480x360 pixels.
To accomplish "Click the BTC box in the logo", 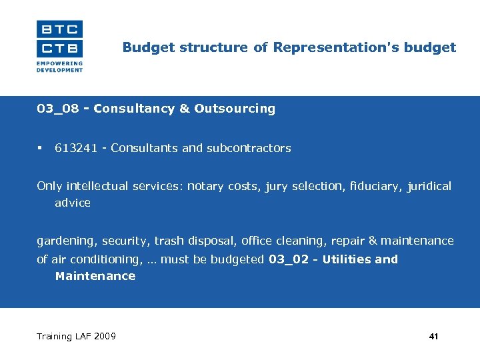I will [59, 29].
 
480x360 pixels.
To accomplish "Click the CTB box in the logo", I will [59, 48].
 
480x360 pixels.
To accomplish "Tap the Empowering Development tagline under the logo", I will [59, 67].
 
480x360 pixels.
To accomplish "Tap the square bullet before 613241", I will [40, 148].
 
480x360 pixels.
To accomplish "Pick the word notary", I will [207, 186].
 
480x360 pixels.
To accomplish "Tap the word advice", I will [73, 203].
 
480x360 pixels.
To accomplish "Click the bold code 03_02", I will [289, 259].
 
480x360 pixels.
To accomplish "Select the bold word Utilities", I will [347, 259].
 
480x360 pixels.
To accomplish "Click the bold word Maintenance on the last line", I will [95, 276].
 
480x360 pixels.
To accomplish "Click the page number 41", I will [433, 337].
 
